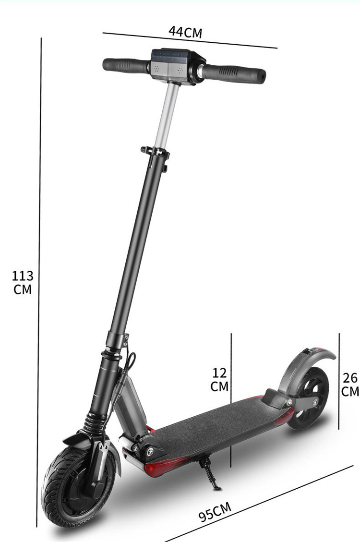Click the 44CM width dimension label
pyautogui.click(x=185, y=32)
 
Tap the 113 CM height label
pyautogui.click(x=23, y=282)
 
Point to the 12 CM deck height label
pyautogui.click(x=219, y=380)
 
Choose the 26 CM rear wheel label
pyautogui.click(x=350, y=385)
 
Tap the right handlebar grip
pyautogui.click(x=234, y=73)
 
